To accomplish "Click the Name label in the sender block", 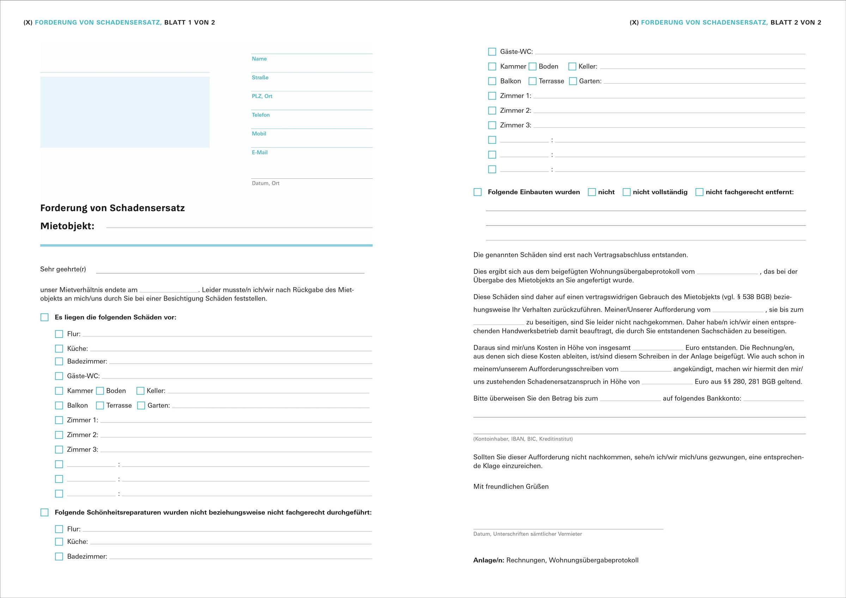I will pyautogui.click(x=259, y=59).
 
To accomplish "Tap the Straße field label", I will pyautogui.click(x=260, y=78).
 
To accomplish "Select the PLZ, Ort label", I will pyautogui.click(x=262, y=96).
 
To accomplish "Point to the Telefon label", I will pyautogui.click(x=261, y=115).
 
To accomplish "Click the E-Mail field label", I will pyautogui.click(x=260, y=153).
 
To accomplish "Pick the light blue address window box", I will pyautogui.click(x=124, y=112).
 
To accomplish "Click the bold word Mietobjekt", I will pyautogui.click(x=67, y=226).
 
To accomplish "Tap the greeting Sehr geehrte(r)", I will pyautogui.click(x=63, y=269).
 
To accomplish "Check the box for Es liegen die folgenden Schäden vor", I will pyautogui.click(x=44, y=318).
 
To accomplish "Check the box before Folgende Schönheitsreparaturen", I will pyautogui.click(x=44, y=513).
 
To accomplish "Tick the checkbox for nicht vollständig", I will pyautogui.click(x=626, y=192).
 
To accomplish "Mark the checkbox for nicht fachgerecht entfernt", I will pyautogui.click(x=699, y=192).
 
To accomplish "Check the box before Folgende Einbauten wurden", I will pyautogui.click(x=477, y=192).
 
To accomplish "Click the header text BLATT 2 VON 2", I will pyautogui.click(x=796, y=23).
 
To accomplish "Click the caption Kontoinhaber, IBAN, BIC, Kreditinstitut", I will pyautogui.click(x=523, y=439).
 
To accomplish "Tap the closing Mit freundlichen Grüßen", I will pyautogui.click(x=511, y=487).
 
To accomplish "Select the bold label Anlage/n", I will pyautogui.click(x=488, y=560).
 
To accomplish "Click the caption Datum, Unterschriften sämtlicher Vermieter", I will pyautogui.click(x=527, y=534).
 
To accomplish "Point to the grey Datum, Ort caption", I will pyautogui.click(x=265, y=183).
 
